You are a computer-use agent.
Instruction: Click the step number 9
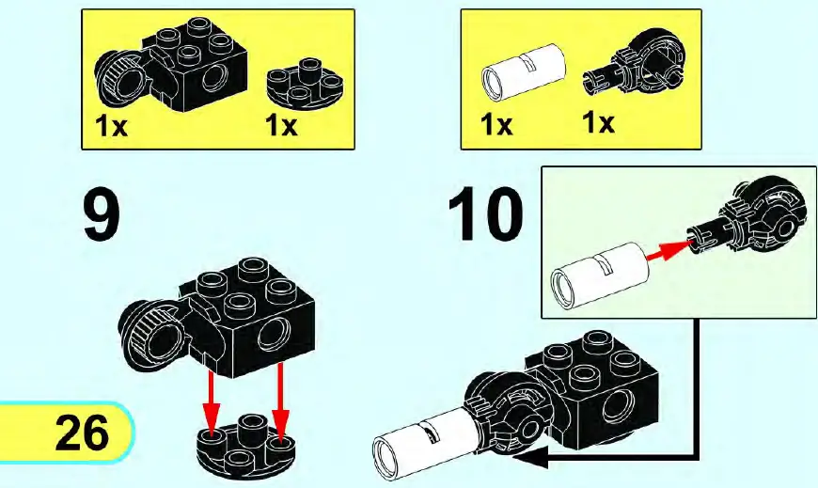102,215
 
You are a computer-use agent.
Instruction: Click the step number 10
485,215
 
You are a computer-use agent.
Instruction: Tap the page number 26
82,433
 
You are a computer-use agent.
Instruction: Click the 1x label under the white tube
498,124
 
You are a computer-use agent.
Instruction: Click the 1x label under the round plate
281,125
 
